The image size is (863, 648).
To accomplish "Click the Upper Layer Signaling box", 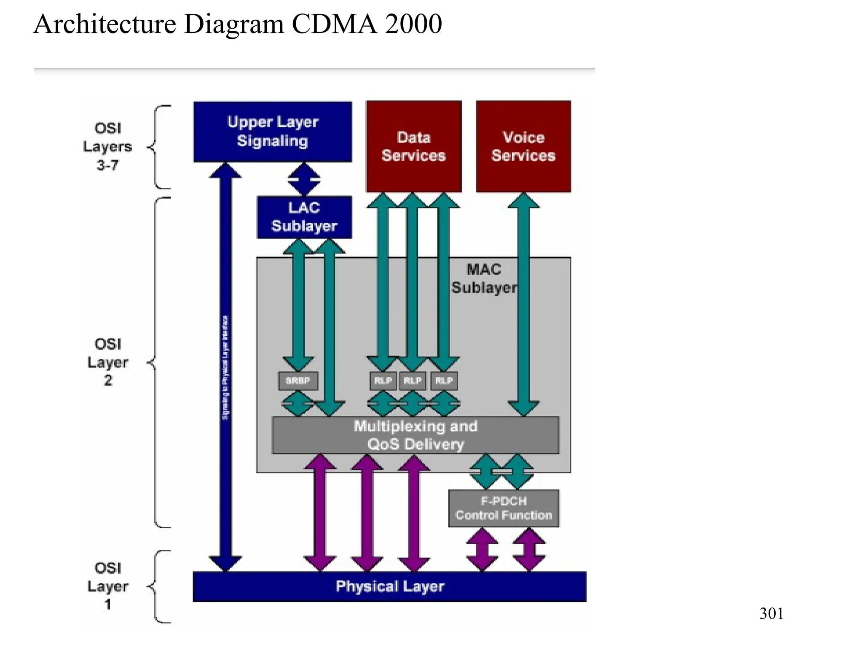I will coord(272,131).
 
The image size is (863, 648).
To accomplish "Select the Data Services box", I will coord(413,146).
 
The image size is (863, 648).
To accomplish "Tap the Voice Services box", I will coord(523,146).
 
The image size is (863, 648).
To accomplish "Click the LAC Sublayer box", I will coord(304,217).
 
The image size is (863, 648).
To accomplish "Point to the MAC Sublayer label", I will coord(484,278).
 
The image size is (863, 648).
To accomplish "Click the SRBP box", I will coord(297,381).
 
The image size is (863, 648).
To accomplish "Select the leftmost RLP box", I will coord(383,381).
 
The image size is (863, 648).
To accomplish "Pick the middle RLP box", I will coord(412,381).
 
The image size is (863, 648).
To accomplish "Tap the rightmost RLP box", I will coord(444,381).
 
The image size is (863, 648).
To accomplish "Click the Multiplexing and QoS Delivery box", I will coord(415,435).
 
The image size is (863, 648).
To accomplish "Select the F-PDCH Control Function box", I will coord(504,508).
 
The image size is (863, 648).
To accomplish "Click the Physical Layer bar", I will coord(389,586).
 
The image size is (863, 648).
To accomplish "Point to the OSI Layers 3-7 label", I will coord(107,146).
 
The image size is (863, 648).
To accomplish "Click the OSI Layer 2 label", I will coord(107,362).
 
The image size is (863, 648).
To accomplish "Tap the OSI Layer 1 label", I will coord(107,586).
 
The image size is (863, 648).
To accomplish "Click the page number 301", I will coord(771,613).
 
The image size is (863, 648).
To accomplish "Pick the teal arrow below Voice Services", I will coord(523,304).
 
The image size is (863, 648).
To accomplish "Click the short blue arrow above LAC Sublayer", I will coord(304,179).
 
